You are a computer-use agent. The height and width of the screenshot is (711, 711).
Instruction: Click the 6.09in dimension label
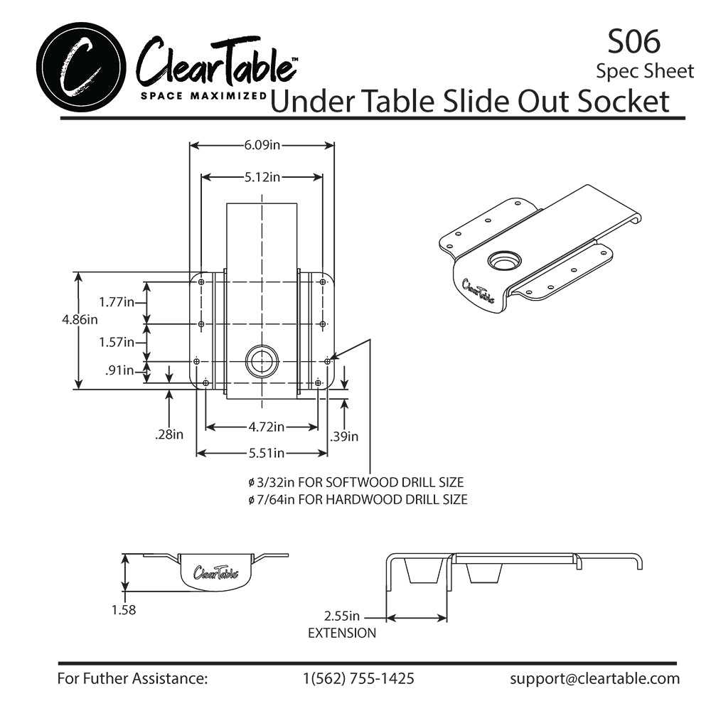coord(262,145)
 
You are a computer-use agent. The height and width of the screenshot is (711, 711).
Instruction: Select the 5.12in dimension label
coord(262,177)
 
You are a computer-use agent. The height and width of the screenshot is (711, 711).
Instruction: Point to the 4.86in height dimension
coord(80,319)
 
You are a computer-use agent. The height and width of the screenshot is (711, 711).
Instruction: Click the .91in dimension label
coord(119,370)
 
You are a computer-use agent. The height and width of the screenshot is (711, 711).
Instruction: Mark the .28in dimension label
coord(169,434)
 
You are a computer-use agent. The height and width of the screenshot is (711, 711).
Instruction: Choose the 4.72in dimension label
coord(267,427)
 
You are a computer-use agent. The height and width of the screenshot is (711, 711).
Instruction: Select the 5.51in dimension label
coord(267,453)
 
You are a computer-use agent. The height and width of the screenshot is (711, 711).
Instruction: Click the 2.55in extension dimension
coord(341,616)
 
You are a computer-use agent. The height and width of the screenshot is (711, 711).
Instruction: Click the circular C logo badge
coord(81,68)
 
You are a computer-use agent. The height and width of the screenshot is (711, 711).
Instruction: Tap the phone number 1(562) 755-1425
coord(358,678)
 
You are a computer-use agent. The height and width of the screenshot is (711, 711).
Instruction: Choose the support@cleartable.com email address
coord(594,678)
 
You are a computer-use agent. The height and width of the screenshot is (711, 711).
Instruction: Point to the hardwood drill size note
coord(358,500)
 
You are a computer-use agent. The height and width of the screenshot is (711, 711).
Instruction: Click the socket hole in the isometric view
coord(503,261)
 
